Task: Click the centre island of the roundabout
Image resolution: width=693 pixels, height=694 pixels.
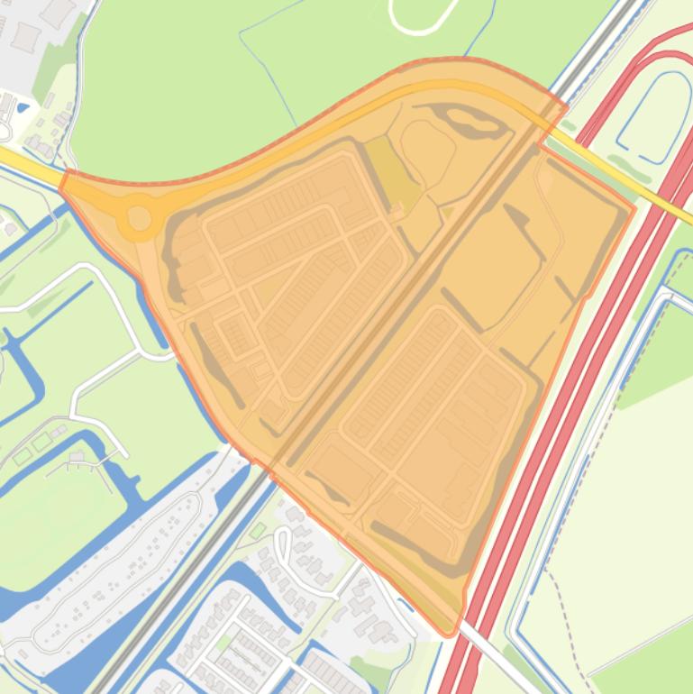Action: click(x=140, y=217)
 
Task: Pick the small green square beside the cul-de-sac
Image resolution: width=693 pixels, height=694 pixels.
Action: click(x=259, y=529)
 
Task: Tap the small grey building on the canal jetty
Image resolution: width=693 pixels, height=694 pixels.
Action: click(x=77, y=456)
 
